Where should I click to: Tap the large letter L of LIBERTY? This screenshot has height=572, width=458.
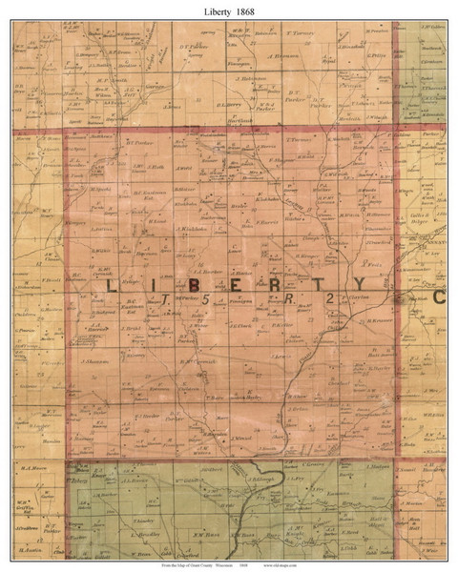tap(112, 285)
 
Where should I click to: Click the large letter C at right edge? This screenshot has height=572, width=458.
tap(440, 296)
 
